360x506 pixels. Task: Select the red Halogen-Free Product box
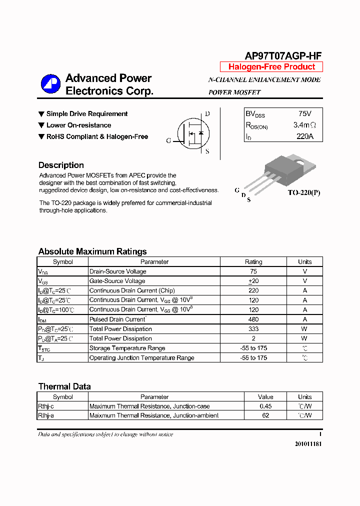pyautogui.click(x=271, y=67)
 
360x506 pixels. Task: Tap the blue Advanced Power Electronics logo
pyautogui.click(x=50, y=84)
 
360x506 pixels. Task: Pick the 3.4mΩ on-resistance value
pyautogui.click(x=304, y=125)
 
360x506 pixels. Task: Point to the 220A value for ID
pyautogui.click(x=304, y=136)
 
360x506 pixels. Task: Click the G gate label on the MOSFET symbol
pyautogui.click(x=168, y=140)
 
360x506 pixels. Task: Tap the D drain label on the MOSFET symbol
pyautogui.click(x=207, y=114)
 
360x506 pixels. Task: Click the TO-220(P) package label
pyautogui.click(x=303, y=192)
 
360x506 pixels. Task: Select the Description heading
pyautogui.click(x=61, y=165)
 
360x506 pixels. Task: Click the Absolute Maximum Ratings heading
pyautogui.click(x=92, y=251)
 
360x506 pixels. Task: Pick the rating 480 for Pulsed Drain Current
pyautogui.click(x=253, y=319)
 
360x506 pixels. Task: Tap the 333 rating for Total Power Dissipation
pyautogui.click(x=253, y=329)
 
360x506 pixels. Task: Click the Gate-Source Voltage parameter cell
pyautogui.click(x=117, y=281)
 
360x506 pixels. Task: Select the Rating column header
pyautogui.click(x=253, y=262)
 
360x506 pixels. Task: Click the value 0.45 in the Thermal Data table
pyautogui.click(x=265, y=406)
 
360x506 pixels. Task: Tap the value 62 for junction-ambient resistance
pyautogui.click(x=265, y=415)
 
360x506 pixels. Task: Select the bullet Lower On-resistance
pyautogui.click(x=78, y=125)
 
